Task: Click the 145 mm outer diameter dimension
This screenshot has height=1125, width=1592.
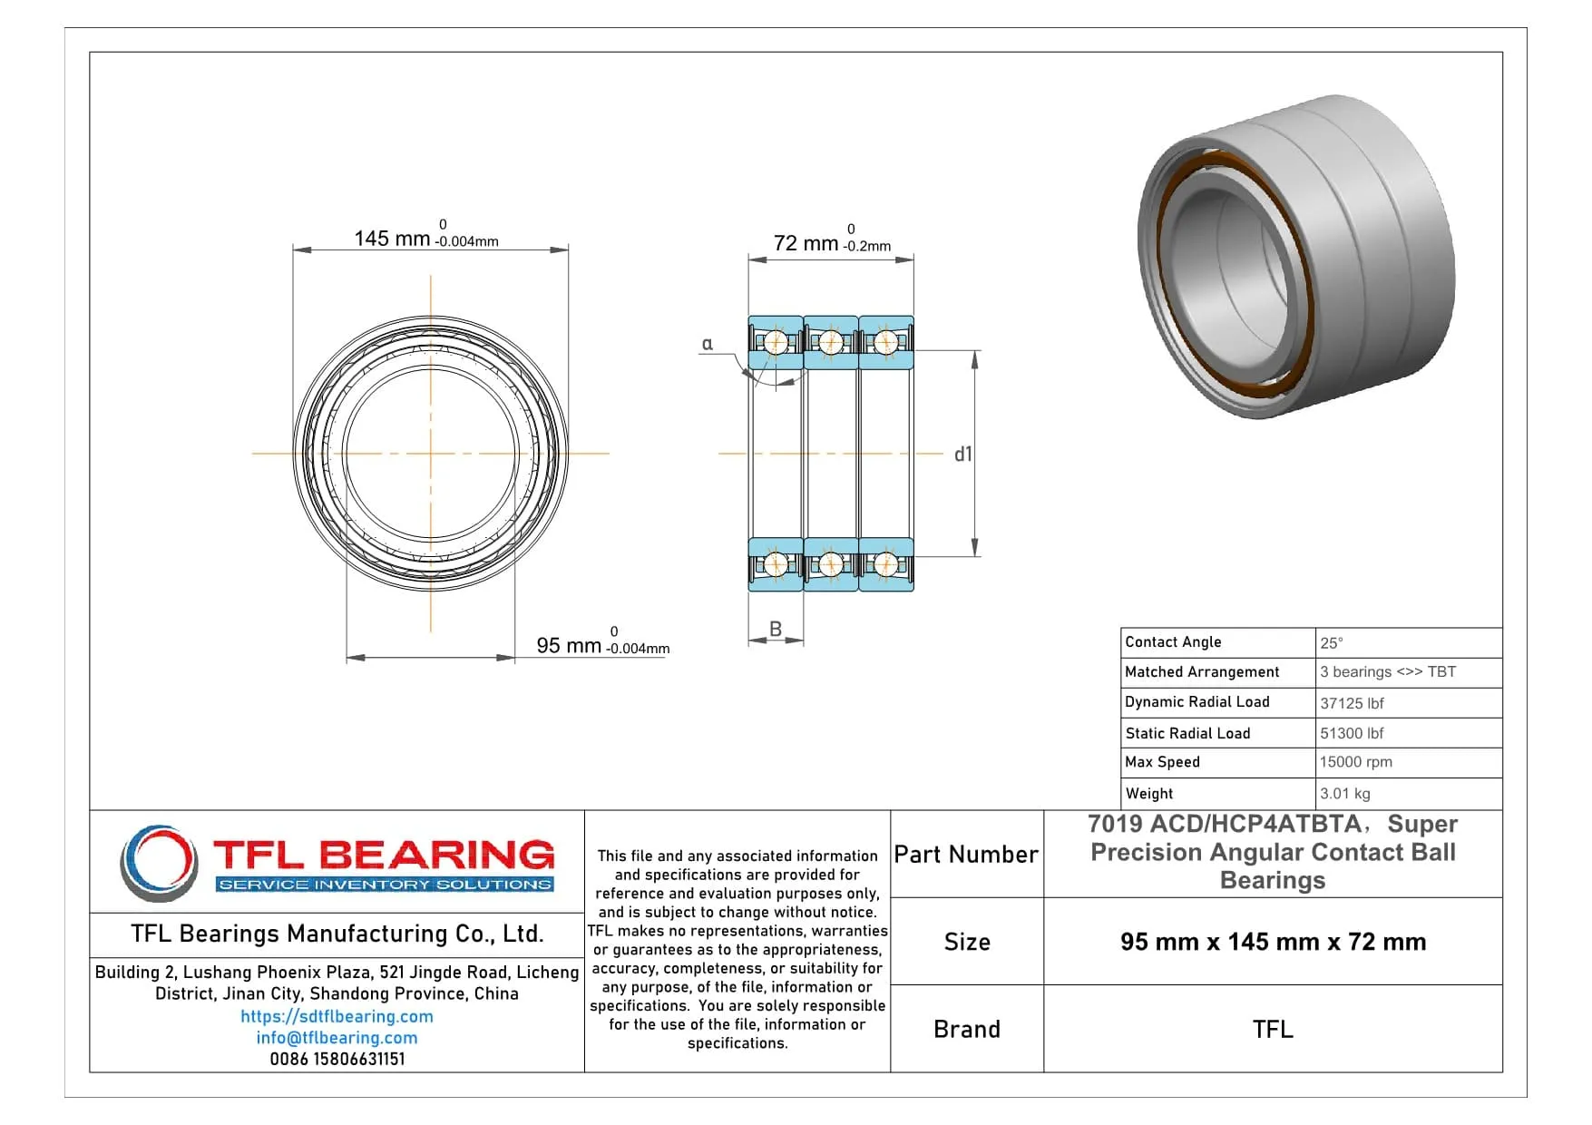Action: pyautogui.click(x=392, y=239)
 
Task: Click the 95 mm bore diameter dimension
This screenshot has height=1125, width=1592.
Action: pyautogui.click(x=569, y=645)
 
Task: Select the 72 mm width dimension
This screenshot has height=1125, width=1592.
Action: pyautogui.click(x=806, y=243)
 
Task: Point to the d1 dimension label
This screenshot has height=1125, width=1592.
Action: pyautogui.click(x=962, y=455)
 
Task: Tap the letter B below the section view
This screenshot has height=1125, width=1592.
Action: pyautogui.click(x=776, y=629)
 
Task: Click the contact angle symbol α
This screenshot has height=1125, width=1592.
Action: pyautogui.click(x=708, y=344)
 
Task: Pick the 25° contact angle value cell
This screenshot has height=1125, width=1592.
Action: pyautogui.click(x=1332, y=642)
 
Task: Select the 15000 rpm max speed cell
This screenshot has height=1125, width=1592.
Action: pyautogui.click(x=1355, y=762)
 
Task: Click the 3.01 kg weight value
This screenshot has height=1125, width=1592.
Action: pyautogui.click(x=1344, y=793)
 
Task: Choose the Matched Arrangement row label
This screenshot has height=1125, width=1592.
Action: pyautogui.click(x=1202, y=671)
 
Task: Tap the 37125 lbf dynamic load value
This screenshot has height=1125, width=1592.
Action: pyautogui.click(x=1352, y=703)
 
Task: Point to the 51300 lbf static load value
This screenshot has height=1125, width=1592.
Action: pyautogui.click(x=1352, y=733)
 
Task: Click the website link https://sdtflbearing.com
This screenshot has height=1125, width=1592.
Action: pyautogui.click(x=337, y=1016)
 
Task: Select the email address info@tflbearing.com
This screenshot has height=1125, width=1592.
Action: pyautogui.click(x=337, y=1037)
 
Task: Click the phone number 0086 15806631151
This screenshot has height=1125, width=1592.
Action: pyautogui.click(x=337, y=1059)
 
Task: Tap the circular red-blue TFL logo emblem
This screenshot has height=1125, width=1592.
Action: pyautogui.click(x=160, y=862)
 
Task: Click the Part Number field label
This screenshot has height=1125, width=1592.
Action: pyautogui.click(x=966, y=855)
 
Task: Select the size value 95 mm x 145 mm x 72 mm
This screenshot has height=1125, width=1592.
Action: pyautogui.click(x=1272, y=942)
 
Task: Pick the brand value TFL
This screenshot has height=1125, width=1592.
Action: pyautogui.click(x=1272, y=1029)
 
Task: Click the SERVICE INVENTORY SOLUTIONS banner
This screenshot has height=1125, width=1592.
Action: pyautogui.click(x=386, y=884)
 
